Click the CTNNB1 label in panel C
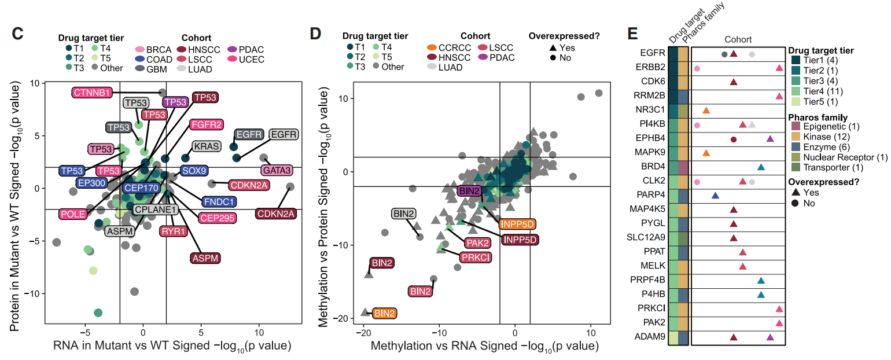(91, 92)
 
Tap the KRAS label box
(206, 146)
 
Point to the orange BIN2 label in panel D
(385, 314)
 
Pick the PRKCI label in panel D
(476, 257)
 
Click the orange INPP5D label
(517, 224)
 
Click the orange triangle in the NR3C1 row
(706, 110)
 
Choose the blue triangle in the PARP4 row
(715, 195)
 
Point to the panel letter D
(315, 34)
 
